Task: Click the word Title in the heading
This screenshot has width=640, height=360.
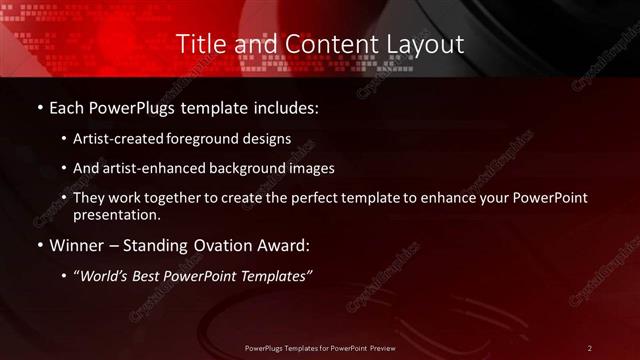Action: tap(199, 45)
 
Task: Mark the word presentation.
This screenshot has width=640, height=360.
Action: tap(118, 214)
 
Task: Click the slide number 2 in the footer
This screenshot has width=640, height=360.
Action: tap(590, 347)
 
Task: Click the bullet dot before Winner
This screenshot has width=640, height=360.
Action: tap(38, 246)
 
